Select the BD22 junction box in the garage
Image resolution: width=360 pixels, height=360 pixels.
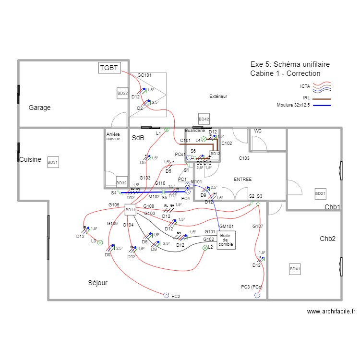point(122,93)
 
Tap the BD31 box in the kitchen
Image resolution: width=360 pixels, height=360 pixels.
point(53,163)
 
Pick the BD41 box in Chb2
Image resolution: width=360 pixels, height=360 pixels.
point(295,270)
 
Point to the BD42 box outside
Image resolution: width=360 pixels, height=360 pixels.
point(204,119)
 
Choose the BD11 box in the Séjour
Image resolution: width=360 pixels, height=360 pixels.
point(130,210)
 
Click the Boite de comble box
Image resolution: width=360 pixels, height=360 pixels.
point(225,240)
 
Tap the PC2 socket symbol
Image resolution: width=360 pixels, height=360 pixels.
point(166,296)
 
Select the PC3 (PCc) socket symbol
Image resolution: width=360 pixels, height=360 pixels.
point(257,296)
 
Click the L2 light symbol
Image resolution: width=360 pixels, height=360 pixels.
point(205,248)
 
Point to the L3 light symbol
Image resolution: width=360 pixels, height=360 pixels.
point(100,243)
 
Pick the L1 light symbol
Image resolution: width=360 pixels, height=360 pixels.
point(167,130)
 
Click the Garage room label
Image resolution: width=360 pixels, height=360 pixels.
point(39,108)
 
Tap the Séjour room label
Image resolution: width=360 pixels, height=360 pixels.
point(97,283)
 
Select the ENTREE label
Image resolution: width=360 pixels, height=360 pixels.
point(242,180)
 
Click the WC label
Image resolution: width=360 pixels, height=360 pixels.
point(258,131)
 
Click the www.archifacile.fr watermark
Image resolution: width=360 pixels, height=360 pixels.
point(331,311)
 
